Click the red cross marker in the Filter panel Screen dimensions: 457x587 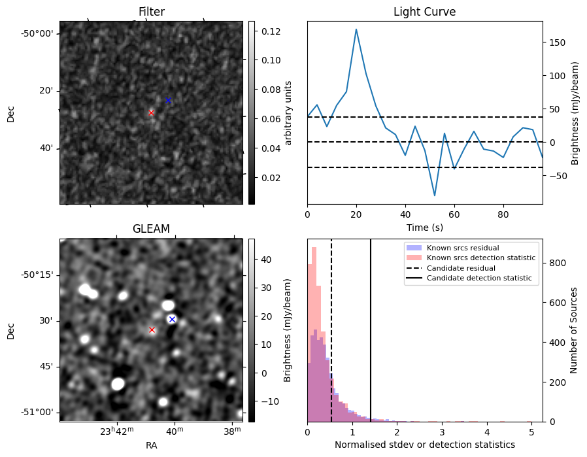(151, 112)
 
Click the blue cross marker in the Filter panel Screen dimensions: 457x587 (168, 100)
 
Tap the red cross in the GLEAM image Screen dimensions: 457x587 (152, 330)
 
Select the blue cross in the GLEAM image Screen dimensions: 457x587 (172, 319)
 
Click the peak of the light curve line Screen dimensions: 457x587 (356, 29)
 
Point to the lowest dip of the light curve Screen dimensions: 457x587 (435, 195)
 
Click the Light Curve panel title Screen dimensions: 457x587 (424, 12)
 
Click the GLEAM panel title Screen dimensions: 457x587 (151, 229)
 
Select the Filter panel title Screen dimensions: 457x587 (151, 12)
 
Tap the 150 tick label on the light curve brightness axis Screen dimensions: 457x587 (556, 42)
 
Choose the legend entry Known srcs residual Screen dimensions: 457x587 (462, 248)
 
